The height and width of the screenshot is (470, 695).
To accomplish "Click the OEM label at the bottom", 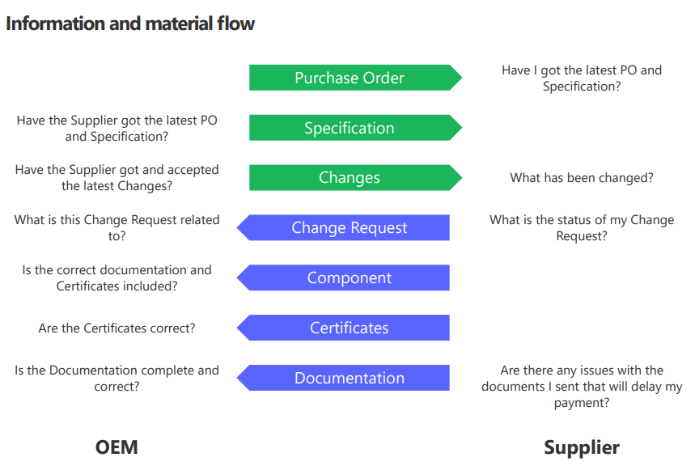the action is (117, 447).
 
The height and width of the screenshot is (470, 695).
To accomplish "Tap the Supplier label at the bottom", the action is (582, 448).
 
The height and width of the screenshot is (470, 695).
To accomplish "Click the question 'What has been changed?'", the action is (582, 178).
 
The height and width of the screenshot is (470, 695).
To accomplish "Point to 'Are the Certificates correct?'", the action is (117, 328).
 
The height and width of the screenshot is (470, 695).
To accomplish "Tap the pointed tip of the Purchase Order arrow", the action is (462, 78).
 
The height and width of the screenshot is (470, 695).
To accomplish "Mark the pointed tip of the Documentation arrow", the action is (237, 378).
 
